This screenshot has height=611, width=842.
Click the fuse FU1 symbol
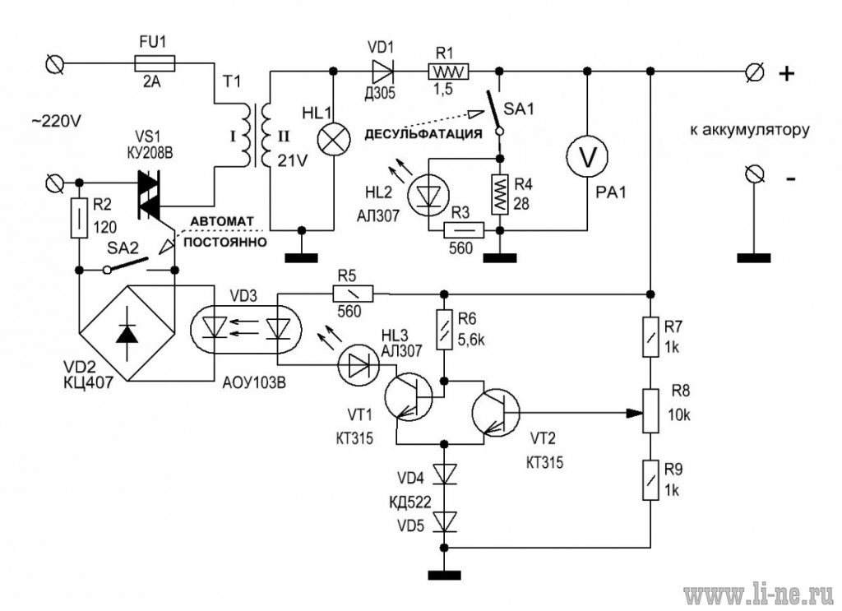point(154,64)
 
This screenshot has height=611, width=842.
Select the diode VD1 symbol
point(382,71)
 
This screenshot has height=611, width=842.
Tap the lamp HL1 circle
point(334,140)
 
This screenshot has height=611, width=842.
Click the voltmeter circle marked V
point(587,156)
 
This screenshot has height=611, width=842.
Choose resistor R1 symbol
point(448,71)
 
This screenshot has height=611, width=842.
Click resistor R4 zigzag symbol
point(500,194)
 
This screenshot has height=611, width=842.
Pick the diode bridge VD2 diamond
point(127,333)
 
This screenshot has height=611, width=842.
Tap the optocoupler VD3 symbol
point(247,329)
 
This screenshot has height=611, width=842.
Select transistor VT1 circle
point(408,396)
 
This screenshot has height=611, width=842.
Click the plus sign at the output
point(787,73)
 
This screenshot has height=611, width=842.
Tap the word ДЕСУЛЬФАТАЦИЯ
point(423,133)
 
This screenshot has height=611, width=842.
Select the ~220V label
point(56,122)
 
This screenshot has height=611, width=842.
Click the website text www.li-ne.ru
point(759,595)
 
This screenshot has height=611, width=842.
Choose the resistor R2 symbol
point(79,217)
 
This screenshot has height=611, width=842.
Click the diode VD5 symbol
point(445,521)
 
